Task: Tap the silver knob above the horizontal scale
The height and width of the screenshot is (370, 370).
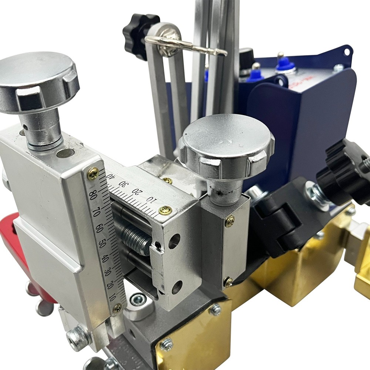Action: (x=226, y=146)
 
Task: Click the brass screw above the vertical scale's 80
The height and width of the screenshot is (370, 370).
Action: (x=93, y=173)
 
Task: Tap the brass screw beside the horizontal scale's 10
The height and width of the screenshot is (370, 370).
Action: (x=165, y=210)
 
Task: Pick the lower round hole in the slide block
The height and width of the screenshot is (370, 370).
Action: (x=177, y=286)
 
